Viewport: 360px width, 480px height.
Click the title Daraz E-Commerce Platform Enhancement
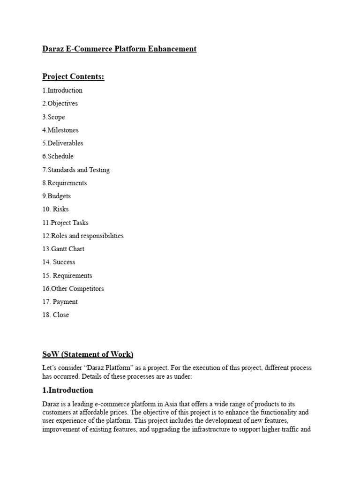[x=119, y=49]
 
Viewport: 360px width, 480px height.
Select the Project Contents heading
[x=73, y=77]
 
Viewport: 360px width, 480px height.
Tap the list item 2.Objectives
[x=60, y=104]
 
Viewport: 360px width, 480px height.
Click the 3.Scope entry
[x=53, y=117]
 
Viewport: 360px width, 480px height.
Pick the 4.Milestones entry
[x=60, y=130]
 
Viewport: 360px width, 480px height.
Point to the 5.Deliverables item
[x=62, y=143]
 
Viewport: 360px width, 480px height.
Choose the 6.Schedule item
[x=58, y=156]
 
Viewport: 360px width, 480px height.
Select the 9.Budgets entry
[x=56, y=196]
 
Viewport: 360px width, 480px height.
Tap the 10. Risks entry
[x=55, y=209]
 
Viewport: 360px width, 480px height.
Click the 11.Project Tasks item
[x=65, y=223]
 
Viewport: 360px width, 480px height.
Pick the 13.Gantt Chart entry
[x=63, y=249]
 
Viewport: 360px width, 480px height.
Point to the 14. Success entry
[x=59, y=262]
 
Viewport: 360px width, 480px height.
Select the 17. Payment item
[x=60, y=302]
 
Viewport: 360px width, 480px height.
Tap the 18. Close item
[x=55, y=315]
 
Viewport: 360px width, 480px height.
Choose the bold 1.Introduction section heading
[x=67, y=390]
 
